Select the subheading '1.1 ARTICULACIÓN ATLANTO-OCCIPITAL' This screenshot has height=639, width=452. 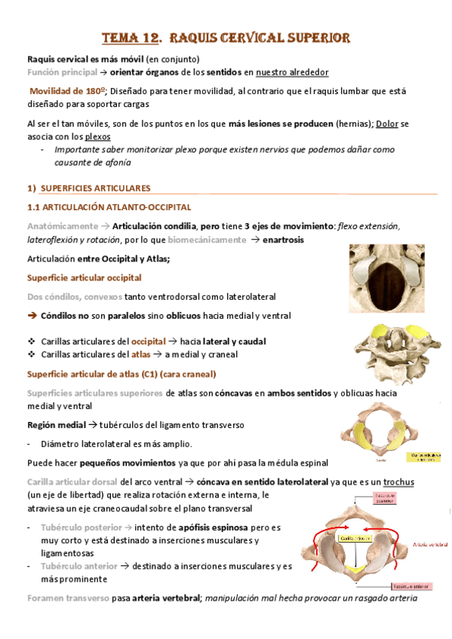[x=109, y=206]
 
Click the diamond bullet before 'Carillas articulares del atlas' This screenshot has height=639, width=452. [x=31, y=354]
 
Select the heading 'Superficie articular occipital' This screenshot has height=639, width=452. [x=84, y=278]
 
